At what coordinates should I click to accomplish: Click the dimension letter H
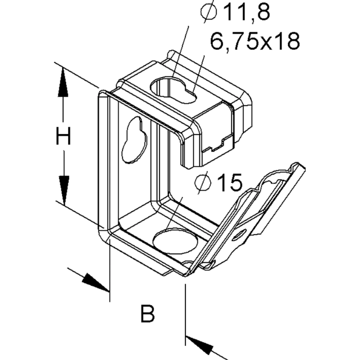tap(63, 136)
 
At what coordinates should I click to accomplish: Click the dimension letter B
tap(147, 314)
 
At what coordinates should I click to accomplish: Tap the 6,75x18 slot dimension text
tap(255, 41)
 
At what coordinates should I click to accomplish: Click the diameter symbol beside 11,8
tap(208, 12)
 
